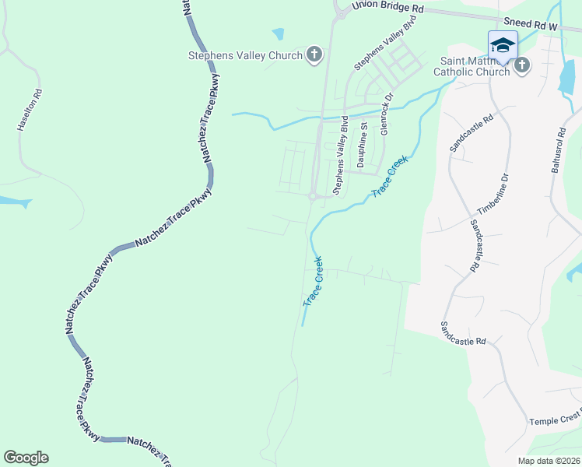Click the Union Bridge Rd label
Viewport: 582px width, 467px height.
[x=387, y=6]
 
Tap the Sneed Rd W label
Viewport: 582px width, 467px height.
[x=531, y=25]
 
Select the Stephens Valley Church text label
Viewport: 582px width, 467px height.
[x=245, y=54]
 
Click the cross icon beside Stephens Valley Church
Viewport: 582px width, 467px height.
[x=314, y=54]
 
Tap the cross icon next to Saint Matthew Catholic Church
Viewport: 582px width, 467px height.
[x=522, y=66]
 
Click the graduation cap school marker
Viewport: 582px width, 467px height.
[x=503, y=44]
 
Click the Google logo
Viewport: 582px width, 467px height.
[x=26, y=458]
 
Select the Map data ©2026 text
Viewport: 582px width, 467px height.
[x=549, y=461]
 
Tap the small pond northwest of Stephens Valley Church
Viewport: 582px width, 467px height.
[x=278, y=34]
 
